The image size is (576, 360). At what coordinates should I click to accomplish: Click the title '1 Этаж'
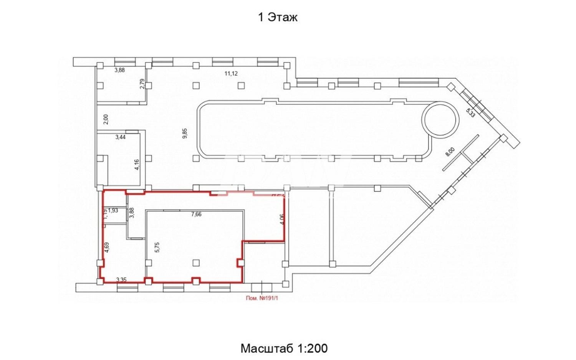(x=278, y=17)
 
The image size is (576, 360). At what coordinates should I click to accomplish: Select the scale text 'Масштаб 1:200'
(x=284, y=348)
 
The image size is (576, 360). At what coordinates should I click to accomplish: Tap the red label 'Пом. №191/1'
(x=262, y=297)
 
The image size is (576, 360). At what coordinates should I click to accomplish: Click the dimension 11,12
(x=231, y=73)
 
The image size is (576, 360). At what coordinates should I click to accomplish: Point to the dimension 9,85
(x=185, y=133)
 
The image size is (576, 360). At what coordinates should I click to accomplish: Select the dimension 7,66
(x=196, y=215)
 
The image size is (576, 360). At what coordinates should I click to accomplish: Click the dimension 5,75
(x=157, y=247)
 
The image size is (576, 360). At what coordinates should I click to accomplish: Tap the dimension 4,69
(x=107, y=247)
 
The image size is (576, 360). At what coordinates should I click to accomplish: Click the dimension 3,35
(x=121, y=280)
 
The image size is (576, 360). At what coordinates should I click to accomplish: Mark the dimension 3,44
(x=121, y=137)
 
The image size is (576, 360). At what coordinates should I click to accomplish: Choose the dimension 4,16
(x=137, y=164)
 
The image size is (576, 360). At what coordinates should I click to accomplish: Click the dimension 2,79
(x=142, y=84)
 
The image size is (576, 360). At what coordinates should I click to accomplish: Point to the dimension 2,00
(x=106, y=119)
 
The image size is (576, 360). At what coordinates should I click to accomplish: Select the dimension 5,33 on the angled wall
(x=470, y=112)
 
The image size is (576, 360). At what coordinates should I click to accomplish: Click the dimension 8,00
(x=450, y=152)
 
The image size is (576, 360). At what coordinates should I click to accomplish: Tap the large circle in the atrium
(x=440, y=119)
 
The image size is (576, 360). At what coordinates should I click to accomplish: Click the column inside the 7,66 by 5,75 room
(x=196, y=263)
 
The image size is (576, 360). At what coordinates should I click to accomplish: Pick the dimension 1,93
(x=113, y=210)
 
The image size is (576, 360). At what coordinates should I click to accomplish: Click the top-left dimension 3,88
(x=120, y=70)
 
